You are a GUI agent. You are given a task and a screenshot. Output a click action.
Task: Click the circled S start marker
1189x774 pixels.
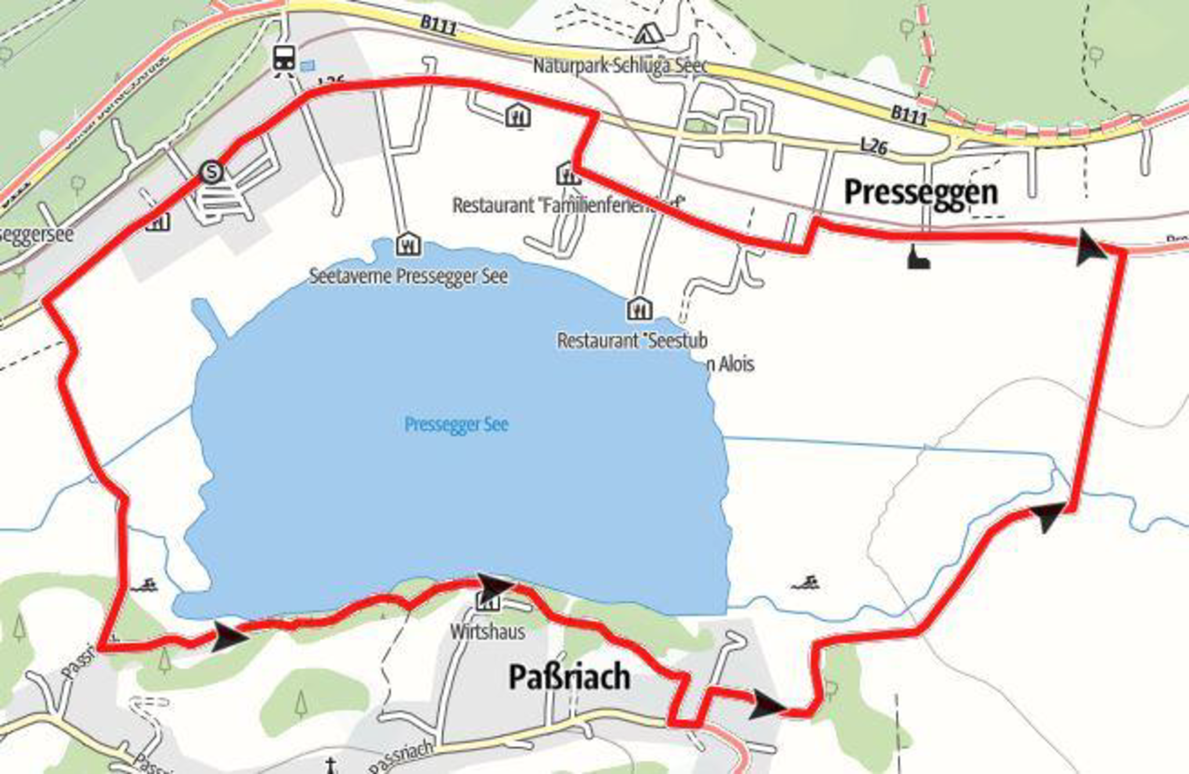click(212, 172)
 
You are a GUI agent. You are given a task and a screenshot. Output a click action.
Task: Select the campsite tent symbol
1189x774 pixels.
click(648, 34)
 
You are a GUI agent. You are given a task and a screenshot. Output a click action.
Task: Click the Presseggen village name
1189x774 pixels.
click(921, 192)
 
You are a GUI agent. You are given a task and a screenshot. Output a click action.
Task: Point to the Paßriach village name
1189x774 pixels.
click(570, 677)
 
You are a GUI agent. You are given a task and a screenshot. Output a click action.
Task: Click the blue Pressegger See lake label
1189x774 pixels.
click(456, 424)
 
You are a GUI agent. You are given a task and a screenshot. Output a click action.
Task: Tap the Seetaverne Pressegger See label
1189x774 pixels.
click(408, 276)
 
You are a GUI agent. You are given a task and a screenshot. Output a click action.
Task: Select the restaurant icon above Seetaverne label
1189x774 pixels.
click(408, 245)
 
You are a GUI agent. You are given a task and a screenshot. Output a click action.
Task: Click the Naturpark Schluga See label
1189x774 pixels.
click(620, 66)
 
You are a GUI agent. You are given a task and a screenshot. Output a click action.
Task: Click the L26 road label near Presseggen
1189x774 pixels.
click(874, 146)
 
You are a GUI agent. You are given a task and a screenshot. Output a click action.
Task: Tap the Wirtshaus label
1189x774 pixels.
click(488, 631)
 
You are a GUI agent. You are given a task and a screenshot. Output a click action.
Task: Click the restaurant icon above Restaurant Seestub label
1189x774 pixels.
click(639, 309)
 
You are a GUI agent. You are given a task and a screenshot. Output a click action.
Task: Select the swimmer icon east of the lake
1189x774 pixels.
click(805, 583)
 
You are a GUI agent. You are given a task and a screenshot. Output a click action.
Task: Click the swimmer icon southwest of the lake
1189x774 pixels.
click(144, 585)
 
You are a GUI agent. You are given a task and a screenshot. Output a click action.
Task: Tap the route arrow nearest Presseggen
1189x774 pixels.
click(1090, 248)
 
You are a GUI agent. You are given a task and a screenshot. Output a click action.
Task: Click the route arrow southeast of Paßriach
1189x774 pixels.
click(766, 706)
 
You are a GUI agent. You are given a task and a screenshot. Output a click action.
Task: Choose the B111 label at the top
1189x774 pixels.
click(438, 26)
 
